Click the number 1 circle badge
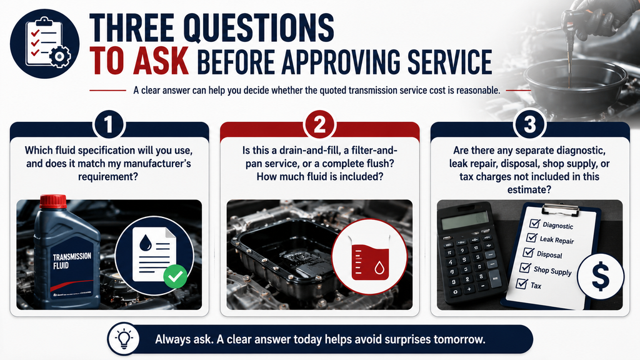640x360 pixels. (x=109, y=124)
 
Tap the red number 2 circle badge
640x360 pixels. (x=319, y=124)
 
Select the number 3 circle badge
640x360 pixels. (x=530, y=124)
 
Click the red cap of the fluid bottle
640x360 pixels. (x=53, y=201)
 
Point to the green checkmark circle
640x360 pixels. (x=176, y=276)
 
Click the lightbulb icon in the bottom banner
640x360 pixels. (x=124, y=339)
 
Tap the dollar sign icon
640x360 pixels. (x=601, y=276)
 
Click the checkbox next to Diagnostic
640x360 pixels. (x=535, y=223)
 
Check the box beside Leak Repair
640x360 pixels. (x=531, y=237)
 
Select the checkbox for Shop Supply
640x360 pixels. (x=525, y=267)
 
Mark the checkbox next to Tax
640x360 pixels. (x=521, y=283)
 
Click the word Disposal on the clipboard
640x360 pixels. (x=549, y=255)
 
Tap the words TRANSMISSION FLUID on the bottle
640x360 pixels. (x=72, y=261)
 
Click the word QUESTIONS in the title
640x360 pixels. (x=258, y=27)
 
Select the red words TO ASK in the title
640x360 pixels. (x=139, y=61)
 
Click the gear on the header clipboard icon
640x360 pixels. (x=59, y=56)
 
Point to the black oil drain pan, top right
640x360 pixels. (x=576, y=83)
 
